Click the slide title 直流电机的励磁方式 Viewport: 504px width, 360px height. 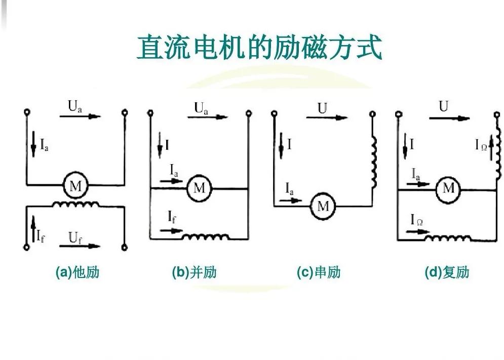259,47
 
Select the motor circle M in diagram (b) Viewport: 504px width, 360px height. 199,188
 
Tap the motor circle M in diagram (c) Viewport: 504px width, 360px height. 323,206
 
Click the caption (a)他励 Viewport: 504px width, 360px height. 77,272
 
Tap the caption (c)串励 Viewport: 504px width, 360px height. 319,272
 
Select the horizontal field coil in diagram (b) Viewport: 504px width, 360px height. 206,236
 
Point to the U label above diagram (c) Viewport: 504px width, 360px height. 323,107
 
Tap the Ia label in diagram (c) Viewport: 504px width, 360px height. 289,190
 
